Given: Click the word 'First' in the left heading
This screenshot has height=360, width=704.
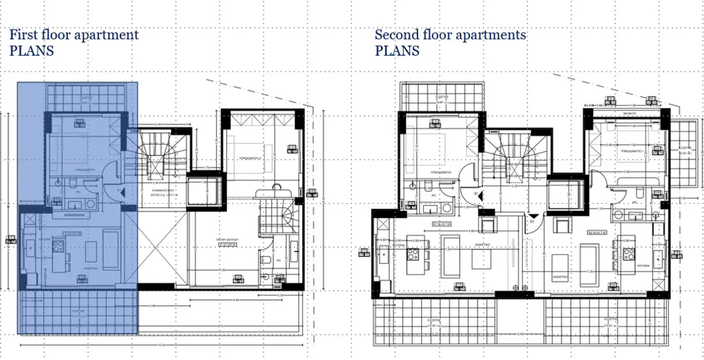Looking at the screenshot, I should pyautogui.click(x=22, y=35).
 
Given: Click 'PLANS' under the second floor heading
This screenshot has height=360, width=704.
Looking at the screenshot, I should pyautogui.click(x=397, y=51).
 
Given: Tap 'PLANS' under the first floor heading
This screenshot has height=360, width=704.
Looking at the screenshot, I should pyautogui.click(x=32, y=51).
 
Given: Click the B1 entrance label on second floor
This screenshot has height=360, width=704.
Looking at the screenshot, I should pyautogui.click(x=476, y=193).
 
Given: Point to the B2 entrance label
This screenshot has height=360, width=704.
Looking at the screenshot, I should pyautogui.click(x=532, y=221).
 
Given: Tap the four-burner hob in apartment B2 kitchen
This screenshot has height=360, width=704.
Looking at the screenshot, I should pyautogui.click(x=629, y=253).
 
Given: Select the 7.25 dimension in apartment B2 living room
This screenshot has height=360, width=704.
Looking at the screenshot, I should pyautogui.click(x=590, y=271).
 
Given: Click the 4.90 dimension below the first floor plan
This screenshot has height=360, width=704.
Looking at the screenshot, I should pyautogui.click(x=236, y=300).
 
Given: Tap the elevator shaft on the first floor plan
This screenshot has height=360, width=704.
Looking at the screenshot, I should pyautogui.click(x=206, y=192).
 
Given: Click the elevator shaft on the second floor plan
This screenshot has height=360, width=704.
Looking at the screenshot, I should pyautogui.click(x=565, y=193).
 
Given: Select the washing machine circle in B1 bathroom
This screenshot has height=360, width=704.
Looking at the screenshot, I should pyautogui.click(x=447, y=208).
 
